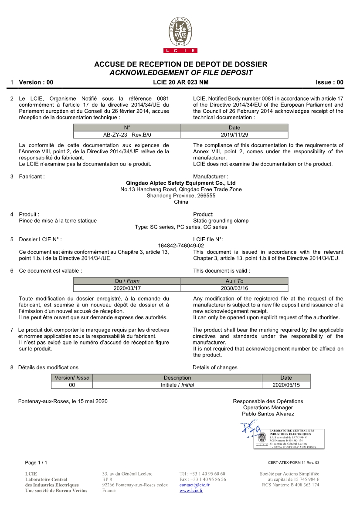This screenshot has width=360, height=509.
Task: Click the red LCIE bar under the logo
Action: click(x=180, y=51)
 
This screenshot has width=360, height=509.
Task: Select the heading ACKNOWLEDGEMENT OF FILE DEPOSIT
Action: click(x=180, y=73)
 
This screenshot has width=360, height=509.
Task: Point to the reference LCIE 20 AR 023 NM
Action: click(x=180, y=82)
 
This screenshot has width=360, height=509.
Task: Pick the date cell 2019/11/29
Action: click(x=234, y=135)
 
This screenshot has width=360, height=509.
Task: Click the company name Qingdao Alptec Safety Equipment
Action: click(x=180, y=183)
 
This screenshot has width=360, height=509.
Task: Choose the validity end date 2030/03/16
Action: click(x=234, y=288)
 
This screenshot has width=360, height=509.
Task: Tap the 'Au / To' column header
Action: click(x=234, y=281)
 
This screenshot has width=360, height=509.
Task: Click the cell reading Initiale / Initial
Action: click(x=177, y=385)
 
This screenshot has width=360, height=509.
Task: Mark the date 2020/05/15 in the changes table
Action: click(x=286, y=385)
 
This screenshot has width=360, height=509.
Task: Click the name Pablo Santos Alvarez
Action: click(x=268, y=414)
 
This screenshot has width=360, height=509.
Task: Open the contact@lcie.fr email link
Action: click(x=194, y=485)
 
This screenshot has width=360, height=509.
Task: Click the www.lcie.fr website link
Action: click(x=191, y=491)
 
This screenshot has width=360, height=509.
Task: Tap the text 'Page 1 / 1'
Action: click(x=36, y=462)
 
